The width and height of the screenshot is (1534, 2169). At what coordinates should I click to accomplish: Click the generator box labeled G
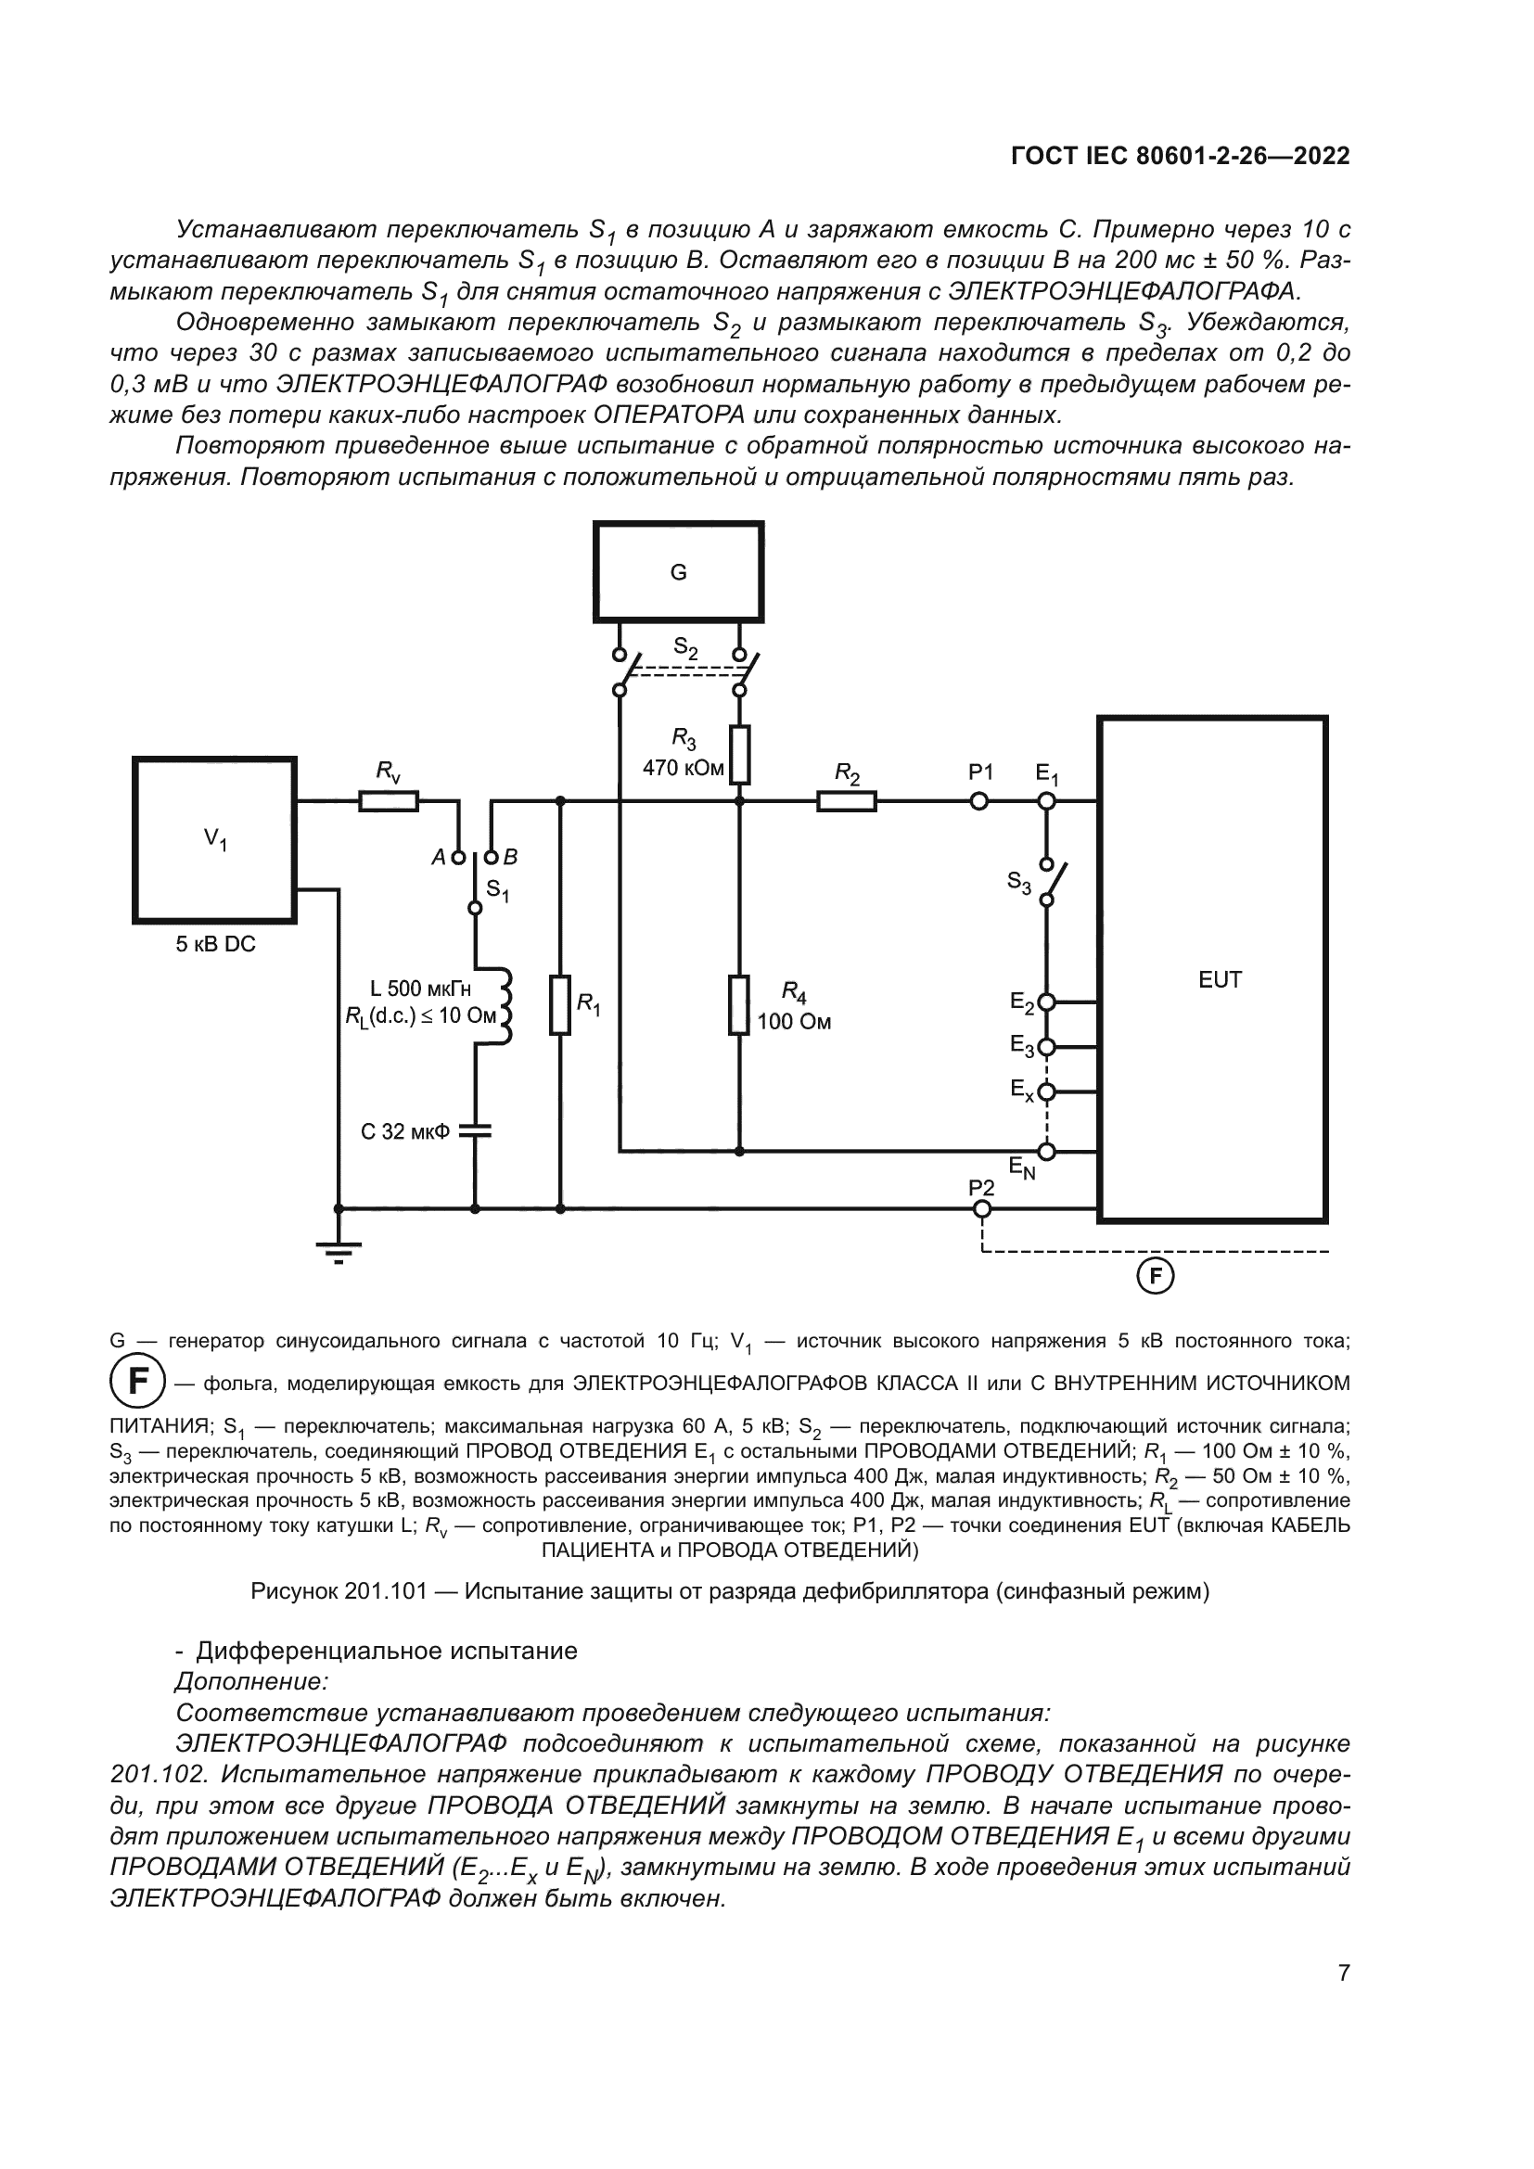677,571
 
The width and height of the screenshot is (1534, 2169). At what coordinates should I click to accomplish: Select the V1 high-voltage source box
214,839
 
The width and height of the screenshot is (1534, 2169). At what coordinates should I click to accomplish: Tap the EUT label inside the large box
1220,979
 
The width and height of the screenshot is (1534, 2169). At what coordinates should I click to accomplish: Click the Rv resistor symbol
389,801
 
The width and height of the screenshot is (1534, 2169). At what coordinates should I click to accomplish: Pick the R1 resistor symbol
560,1005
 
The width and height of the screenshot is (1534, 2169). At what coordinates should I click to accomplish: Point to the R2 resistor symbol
847,801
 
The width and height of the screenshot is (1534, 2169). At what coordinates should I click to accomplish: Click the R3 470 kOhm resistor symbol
739,755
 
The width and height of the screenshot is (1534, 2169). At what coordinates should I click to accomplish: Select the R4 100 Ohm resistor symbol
739,1005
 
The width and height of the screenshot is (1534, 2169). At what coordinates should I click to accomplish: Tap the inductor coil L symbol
502,1005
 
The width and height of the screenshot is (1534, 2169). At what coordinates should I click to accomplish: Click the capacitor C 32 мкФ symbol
475,1129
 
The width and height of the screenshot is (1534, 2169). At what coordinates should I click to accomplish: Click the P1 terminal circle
979,801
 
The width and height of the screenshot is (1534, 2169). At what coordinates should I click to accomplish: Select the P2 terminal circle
982,1209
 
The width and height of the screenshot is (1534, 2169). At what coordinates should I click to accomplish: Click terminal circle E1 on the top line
1046,801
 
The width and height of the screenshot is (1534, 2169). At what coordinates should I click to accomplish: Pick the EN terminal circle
1046,1152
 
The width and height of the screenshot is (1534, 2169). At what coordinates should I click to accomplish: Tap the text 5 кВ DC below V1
215,944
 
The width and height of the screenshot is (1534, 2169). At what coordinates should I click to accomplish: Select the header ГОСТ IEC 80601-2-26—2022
1180,156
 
